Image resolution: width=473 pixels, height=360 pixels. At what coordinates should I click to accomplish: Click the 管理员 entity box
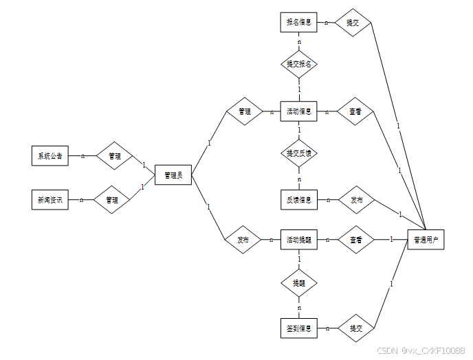(x=173, y=176)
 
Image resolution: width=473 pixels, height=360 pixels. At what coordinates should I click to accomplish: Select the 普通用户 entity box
(x=426, y=240)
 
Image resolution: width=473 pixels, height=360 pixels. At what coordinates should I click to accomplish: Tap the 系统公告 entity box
(x=50, y=156)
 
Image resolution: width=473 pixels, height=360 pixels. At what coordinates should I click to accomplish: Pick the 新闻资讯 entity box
(x=50, y=200)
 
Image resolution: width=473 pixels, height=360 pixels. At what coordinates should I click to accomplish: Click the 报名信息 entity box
(x=299, y=23)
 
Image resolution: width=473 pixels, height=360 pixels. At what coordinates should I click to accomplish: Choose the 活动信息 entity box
(x=299, y=111)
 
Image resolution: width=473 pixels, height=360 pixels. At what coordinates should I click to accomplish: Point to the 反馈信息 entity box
(x=299, y=200)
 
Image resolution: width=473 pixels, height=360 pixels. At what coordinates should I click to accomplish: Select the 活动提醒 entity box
(x=299, y=240)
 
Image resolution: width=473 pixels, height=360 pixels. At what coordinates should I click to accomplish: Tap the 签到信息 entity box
(x=299, y=328)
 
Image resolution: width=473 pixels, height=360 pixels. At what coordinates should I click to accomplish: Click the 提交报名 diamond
(x=299, y=64)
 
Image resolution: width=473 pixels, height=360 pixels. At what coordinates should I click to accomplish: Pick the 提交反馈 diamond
(x=299, y=153)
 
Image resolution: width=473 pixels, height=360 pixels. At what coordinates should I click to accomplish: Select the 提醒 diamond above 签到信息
(x=299, y=282)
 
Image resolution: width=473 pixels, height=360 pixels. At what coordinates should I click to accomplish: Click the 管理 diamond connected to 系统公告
(x=113, y=156)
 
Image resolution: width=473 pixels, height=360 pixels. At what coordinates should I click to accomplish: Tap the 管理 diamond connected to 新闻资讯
(x=112, y=200)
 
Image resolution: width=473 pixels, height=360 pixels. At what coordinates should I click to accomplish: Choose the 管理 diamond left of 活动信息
(x=244, y=111)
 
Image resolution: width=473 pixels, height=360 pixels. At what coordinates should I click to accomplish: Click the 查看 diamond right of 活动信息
(x=355, y=111)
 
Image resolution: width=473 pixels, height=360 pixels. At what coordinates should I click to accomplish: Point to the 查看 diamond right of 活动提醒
(x=355, y=240)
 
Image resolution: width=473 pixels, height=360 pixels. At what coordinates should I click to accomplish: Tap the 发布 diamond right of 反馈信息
(x=357, y=200)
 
